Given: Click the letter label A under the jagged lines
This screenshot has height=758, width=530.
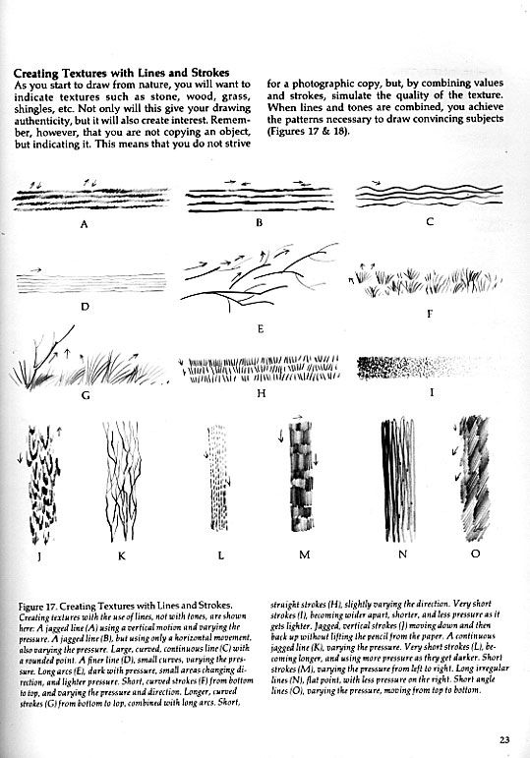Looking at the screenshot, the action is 85,224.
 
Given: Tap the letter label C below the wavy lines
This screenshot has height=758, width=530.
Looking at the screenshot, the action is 430,222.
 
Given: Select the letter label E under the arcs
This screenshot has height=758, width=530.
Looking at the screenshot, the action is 261,329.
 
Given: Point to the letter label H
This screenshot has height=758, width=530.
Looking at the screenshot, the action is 262,393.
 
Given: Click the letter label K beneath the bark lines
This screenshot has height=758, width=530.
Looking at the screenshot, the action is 121,555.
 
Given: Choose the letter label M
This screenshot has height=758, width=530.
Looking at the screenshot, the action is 304,554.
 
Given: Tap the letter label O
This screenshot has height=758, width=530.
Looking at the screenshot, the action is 475,554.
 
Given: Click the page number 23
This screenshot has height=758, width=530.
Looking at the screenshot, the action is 504,739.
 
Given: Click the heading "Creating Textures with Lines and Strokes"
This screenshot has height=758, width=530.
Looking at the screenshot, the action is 121,73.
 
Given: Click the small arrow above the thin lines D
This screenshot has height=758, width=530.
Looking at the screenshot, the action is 35,269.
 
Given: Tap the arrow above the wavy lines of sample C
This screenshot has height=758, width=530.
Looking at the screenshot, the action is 377,183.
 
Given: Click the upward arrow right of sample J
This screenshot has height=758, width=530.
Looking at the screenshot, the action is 59,432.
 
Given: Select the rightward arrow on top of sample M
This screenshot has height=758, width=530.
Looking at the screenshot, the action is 297,416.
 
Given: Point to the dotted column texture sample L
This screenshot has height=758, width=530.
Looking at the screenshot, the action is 218,478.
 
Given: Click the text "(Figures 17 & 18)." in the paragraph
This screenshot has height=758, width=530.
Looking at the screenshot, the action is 308,131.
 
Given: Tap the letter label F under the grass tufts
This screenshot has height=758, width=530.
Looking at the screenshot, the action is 430,314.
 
